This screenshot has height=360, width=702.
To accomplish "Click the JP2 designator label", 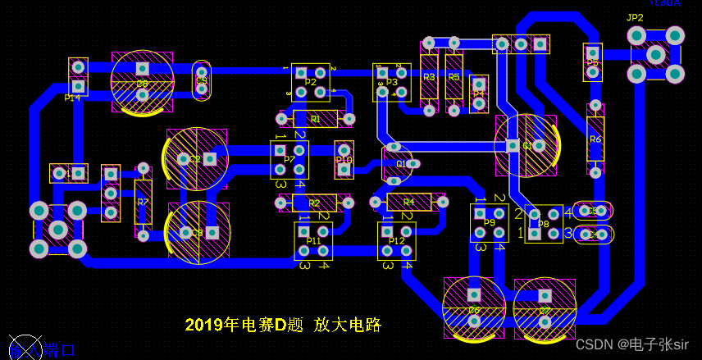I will [x=635, y=17].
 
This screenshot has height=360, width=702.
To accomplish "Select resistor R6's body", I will [x=595, y=139].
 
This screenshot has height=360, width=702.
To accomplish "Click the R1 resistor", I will [x=316, y=119].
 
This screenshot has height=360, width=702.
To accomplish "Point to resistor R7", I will [x=144, y=202].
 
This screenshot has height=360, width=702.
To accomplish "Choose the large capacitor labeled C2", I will [x=197, y=158].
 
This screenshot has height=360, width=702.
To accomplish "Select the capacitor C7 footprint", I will [x=545, y=308].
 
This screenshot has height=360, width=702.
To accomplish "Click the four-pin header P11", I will [x=313, y=241].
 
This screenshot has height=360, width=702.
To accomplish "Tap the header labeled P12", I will [x=396, y=241].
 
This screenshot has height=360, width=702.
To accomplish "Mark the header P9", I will [x=489, y=223].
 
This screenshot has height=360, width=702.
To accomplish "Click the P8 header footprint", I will [x=544, y=223].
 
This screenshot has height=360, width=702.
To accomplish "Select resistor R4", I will [x=408, y=201].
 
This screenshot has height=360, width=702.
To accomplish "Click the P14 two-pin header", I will [x=78, y=75].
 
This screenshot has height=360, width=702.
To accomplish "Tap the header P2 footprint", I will [x=311, y=81].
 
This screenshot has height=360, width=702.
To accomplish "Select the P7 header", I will [x=289, y=159].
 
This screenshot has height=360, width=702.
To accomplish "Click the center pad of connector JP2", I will [x=655, y=54].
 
